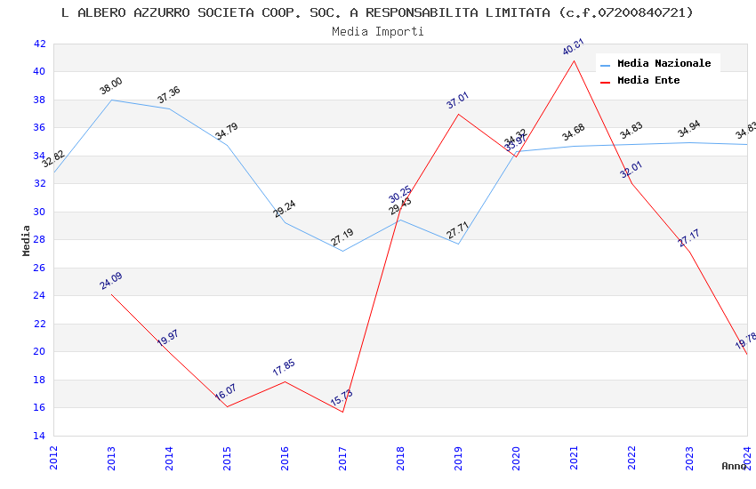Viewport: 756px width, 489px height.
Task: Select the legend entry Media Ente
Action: click(648, 80)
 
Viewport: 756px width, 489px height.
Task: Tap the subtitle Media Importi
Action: click(378, 31)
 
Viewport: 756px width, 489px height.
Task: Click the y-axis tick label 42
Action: click(39, 44)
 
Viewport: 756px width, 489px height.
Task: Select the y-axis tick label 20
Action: click(39, 351)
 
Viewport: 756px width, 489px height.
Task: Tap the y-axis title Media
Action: click(27, 240)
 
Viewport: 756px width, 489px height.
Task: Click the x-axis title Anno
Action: click(734, 466)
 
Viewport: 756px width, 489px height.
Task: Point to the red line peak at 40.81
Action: click(574, 60)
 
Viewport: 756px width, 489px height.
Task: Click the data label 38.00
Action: click(111, 86)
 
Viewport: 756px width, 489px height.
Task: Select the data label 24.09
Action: click(111, 281)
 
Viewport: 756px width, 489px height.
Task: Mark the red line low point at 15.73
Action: click(342, 412)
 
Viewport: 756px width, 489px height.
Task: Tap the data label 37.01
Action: click(458, 100)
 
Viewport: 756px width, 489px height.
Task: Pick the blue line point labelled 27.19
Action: click(342, 251)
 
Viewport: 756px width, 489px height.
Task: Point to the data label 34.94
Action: click(689, 130)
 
